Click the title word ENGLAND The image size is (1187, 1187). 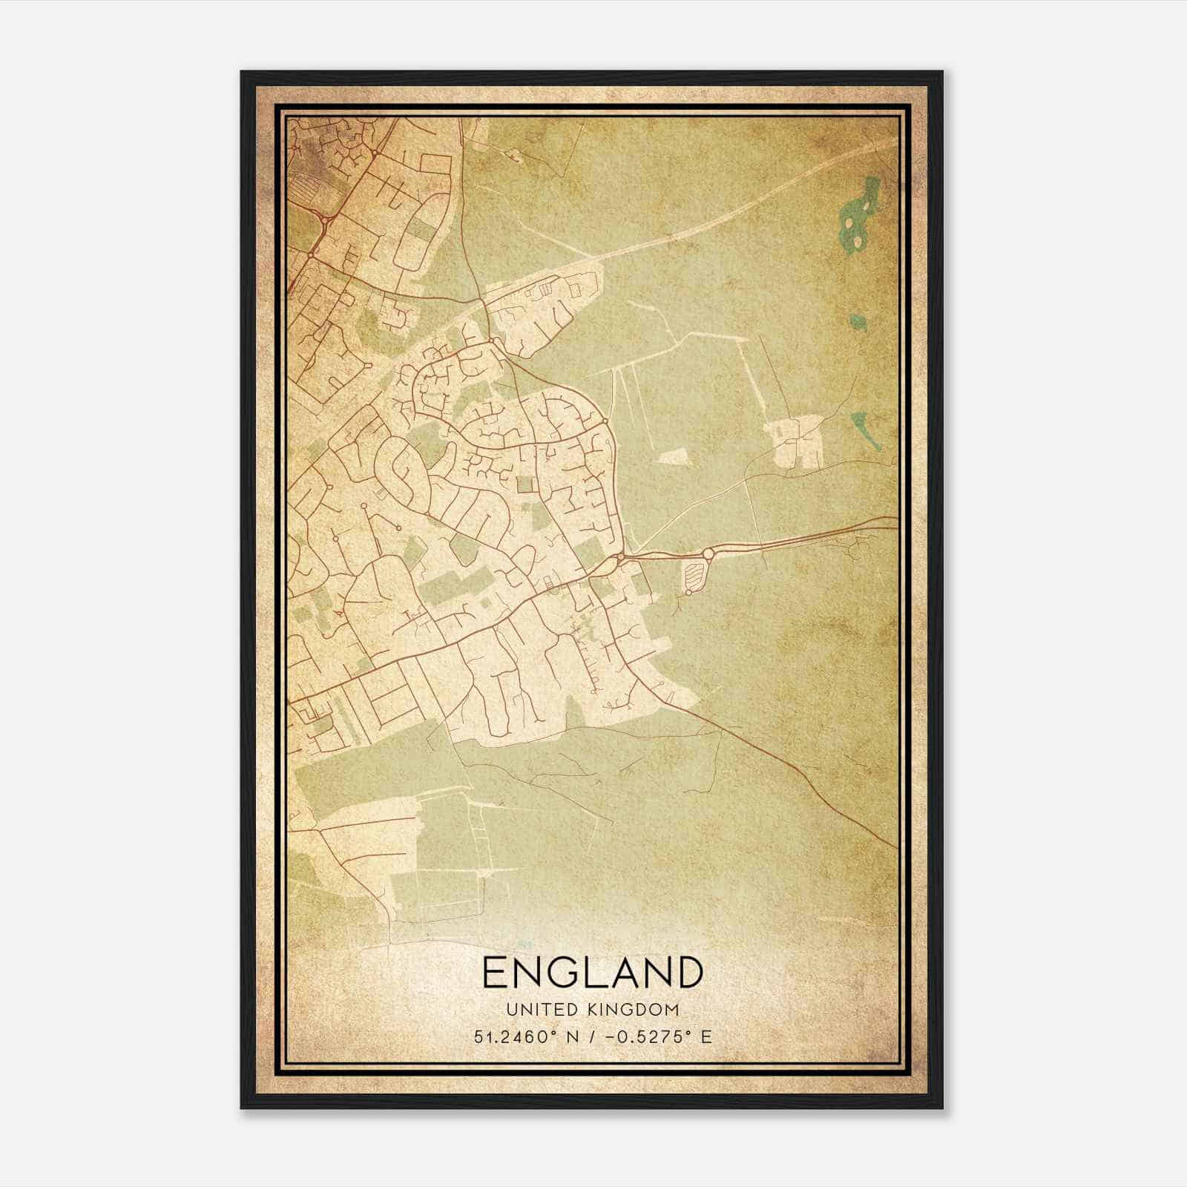pos(592,972)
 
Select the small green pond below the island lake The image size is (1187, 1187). pos(858,321)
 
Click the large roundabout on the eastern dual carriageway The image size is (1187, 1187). pos(708,553)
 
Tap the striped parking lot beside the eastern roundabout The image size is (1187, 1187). pos(692,573)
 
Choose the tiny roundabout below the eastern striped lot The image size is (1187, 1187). pos(688,592)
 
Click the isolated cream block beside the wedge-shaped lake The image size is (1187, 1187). pos(796,442)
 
